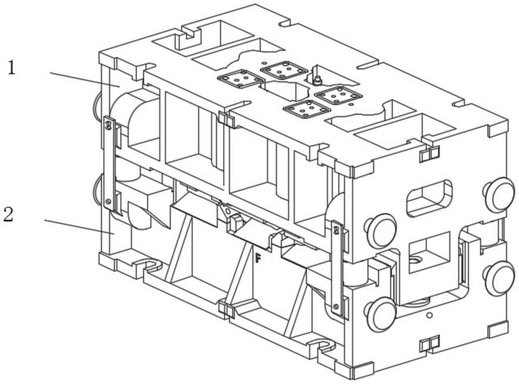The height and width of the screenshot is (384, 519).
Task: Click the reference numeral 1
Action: [x=11, y=68]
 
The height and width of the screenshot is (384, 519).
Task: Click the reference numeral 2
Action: [x=9, y=214]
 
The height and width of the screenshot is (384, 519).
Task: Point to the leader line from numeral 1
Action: [x=85, y=79]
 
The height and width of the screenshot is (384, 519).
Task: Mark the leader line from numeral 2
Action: [x=79, y=226]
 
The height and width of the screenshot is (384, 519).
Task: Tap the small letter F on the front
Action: [x=258, y=257]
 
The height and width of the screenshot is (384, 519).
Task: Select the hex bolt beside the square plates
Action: [x=317, y=79]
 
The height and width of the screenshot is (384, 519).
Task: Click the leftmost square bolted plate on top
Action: [x=241, y=79]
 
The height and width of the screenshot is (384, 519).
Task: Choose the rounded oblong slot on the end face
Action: [x=429, y=198]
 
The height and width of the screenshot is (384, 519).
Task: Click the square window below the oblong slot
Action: [x=430, y=252]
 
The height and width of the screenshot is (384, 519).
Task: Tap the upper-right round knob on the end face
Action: [x=500, y=195]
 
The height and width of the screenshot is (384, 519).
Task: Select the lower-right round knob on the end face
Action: [x=500, y=278]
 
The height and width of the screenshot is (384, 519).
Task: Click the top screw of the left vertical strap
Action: [x=107, y=126]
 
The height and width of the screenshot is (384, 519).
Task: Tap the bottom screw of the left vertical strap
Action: [x=107, y=201]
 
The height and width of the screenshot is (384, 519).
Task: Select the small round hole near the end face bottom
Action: [x=429, y=315]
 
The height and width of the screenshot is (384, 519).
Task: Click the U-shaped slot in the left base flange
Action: [x=151, y=264]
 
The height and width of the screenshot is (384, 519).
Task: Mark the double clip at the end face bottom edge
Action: [x=429, y=344]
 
